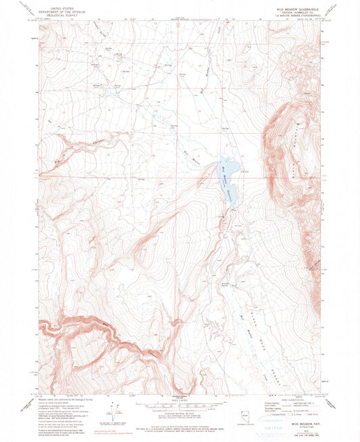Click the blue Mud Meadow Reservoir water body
[228, 172]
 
